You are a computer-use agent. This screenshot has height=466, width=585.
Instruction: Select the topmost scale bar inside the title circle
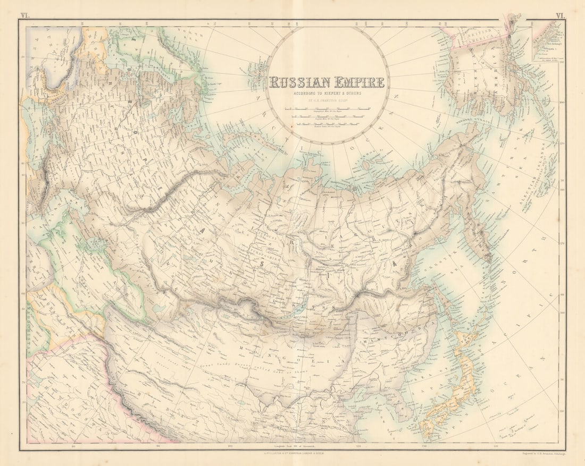[328, 108]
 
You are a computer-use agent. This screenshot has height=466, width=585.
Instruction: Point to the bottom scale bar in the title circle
[328, 125]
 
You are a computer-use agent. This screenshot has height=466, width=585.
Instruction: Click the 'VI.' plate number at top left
[25, 16]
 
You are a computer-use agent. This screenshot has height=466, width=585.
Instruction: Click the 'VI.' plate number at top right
[559, 16]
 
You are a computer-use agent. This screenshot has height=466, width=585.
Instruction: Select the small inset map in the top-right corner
[547, 41]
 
